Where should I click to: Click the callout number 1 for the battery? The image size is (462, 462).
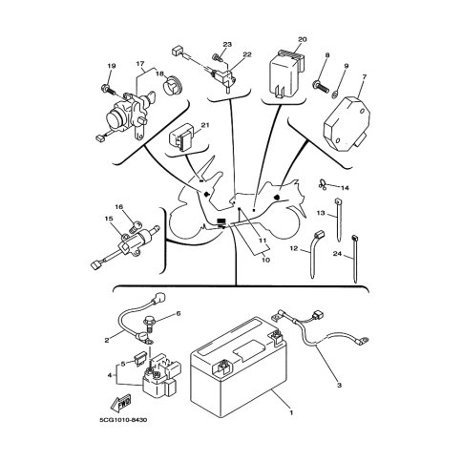pos(291,412)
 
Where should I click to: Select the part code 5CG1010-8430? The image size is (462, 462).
pos(123,420)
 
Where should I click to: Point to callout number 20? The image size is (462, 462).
pos(302,39)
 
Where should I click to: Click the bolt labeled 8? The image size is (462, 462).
pos(321,87)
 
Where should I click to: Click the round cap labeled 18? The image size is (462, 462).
pos(173,85)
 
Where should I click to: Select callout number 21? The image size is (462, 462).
pos(205,125)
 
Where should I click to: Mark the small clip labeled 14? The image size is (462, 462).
pos(323,184)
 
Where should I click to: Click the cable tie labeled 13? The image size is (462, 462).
pos(338,220)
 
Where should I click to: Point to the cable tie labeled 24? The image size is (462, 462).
pos(354,259)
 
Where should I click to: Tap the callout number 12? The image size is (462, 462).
pos(294,248)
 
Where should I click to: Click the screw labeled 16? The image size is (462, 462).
pos(136,227)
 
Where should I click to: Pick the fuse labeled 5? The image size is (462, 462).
pos(142,360)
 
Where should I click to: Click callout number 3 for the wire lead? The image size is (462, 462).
pos(339,386)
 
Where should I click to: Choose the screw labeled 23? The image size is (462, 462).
pos(217,58)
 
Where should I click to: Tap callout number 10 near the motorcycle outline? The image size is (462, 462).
pos(266,260)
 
